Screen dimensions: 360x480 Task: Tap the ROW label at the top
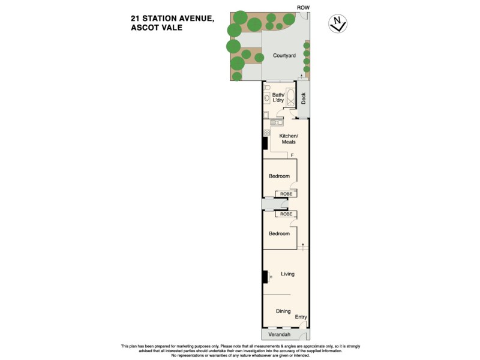303,7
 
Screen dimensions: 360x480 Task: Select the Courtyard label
284,56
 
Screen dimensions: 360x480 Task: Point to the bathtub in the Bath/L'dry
291,98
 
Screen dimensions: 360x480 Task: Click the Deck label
303,98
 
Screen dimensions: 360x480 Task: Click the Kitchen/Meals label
288,139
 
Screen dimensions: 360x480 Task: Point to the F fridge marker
292,156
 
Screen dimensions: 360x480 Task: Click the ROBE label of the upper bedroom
286,194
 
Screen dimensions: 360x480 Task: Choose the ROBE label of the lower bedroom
286,214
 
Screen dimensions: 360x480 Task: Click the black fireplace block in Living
265,277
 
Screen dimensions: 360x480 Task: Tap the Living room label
288,274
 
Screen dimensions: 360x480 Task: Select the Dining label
283,311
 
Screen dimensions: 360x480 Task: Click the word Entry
301,317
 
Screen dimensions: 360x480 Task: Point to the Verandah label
280,334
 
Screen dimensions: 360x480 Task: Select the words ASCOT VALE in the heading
157,28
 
